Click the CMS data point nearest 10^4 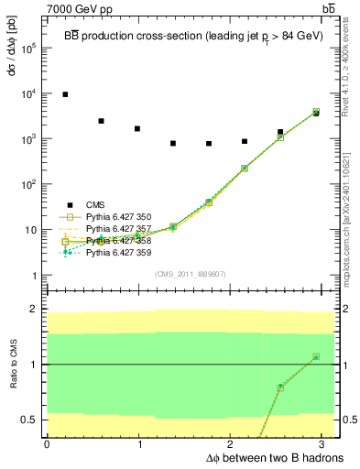[64, 94]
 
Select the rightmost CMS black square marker [316, 114]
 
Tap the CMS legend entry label [96, 205]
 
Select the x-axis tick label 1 [140, 444]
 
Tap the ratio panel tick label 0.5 [28, 420]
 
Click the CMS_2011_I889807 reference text [191, 274]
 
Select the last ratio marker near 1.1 [316, 356]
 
